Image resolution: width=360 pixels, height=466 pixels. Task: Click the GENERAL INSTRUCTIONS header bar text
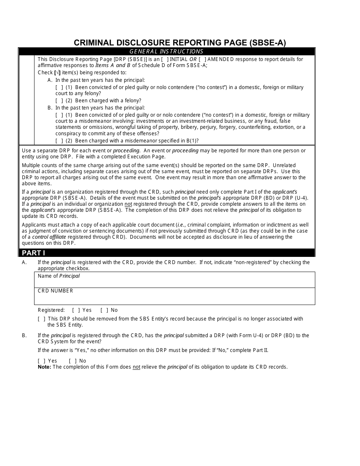(166, 52)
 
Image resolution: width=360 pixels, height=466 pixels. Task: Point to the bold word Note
(44, 367)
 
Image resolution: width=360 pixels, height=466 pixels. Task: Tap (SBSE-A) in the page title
(268, 43)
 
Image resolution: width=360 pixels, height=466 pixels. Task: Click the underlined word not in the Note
(136, 367)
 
